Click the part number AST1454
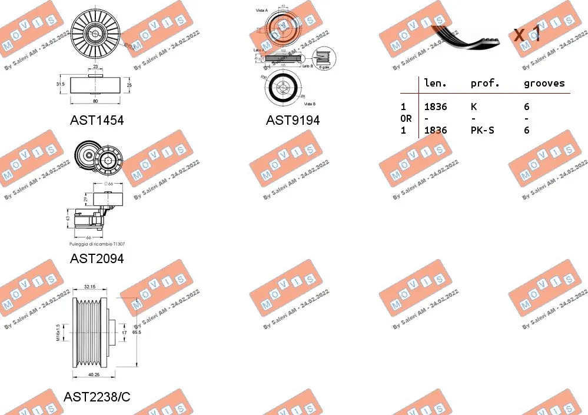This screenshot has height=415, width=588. tap(97, 120)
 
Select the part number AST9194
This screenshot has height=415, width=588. tap(293, 120)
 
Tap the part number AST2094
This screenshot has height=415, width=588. tap(97, 258)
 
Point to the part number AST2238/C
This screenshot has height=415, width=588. tap(97, 397)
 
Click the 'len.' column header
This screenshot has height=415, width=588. tap(436, 84)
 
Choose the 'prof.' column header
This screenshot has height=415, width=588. tap(485, 84)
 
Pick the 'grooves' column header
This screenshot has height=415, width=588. tap(544, 84)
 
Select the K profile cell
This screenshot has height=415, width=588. tap(474, 107)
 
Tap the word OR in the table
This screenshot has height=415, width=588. tap(406, 118)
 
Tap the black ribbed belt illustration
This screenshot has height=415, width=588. tap(465, 36)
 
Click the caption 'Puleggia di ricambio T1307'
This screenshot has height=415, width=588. tap(97, 244)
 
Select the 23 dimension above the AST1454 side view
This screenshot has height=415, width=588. tap(95, 67)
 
